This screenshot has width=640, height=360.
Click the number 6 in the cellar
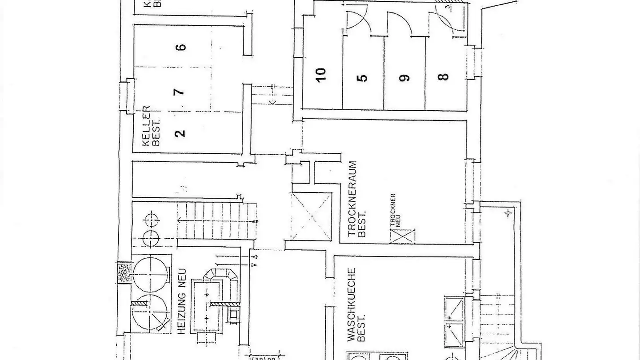coord(181,47)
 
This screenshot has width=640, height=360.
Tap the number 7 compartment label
coord(179,92)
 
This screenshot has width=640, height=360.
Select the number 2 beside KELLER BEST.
coord(181,132)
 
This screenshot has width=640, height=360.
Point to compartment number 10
coord(321,74)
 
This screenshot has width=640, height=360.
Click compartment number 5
coord(363,77)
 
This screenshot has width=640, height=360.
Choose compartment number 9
coord(404,77)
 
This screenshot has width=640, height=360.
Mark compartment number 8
coord(443,76)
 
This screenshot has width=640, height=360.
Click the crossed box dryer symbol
coord(402,236)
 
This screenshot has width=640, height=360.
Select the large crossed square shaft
coord(311,216)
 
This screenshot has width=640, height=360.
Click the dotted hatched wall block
coord(124,272)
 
